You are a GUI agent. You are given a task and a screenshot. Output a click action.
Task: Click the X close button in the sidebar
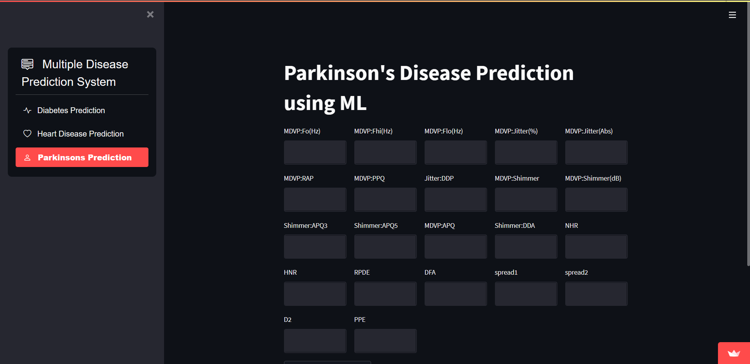150,14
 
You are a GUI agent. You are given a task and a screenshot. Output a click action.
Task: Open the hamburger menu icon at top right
732,15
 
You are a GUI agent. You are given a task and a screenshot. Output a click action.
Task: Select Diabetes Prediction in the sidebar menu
71,110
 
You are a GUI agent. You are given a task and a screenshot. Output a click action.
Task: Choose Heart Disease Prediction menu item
80,134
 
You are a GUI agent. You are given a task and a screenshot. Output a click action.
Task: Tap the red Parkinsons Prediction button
82,157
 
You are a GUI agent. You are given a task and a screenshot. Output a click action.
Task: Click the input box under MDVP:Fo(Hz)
315,153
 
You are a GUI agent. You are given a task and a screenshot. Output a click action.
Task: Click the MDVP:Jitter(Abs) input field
596,153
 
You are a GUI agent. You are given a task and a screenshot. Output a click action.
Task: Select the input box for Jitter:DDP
455,200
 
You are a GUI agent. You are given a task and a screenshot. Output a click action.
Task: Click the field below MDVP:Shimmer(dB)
596,200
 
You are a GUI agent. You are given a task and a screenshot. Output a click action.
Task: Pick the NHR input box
596,247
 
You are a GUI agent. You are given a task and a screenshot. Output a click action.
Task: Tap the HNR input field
315,294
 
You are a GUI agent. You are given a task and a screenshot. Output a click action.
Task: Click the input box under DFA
455,294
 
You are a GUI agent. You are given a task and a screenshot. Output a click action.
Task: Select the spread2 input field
596,294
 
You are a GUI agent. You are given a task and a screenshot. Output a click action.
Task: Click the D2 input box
315,341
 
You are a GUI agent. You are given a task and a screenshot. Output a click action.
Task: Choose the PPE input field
385,341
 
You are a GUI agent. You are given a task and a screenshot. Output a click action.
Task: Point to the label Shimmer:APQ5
376,226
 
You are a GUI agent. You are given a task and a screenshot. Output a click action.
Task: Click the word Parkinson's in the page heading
339,73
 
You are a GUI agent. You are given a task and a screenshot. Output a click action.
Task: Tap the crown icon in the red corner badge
734,353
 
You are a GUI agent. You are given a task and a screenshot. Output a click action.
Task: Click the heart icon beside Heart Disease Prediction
27,134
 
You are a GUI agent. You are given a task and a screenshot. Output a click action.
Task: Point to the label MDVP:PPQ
369,178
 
